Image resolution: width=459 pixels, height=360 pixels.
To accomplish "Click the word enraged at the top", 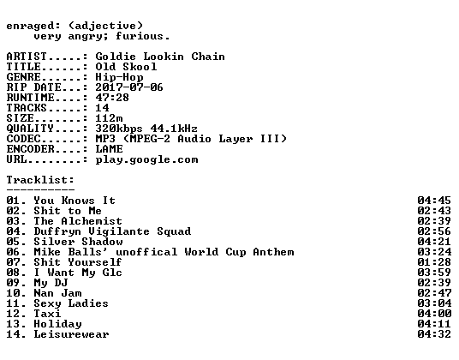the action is (30, 27).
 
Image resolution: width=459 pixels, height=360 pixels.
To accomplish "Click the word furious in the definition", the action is (140, 36).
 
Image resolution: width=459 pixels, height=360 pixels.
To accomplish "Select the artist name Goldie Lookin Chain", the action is (160, 57).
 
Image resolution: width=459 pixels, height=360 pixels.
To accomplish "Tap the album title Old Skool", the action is (126, 67).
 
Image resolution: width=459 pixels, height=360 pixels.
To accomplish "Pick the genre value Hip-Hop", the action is (119, 78).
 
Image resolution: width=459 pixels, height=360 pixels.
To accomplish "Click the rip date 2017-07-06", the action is (129, 87).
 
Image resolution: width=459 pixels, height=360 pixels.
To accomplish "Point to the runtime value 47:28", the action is (112, 98).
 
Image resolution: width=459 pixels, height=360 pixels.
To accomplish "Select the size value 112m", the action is (109, 118).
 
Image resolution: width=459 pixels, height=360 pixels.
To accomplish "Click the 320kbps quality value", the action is (119, 129).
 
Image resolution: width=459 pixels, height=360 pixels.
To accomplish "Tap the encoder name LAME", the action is (109, 149).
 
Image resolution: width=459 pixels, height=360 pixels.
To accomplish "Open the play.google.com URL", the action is (146, 160).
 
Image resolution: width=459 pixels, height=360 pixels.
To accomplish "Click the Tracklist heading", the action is (40, 180).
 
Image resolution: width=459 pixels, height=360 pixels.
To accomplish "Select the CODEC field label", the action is (23, 139).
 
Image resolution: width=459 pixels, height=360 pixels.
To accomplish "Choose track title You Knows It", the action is (75, 201).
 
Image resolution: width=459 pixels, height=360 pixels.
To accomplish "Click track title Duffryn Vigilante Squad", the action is (112, 231).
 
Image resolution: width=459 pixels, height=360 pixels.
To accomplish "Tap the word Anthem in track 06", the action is (273, 252).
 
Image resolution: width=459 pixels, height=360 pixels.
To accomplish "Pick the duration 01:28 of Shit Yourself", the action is (434, 262).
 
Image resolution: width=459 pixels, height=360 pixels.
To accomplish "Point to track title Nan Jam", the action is (57, 293).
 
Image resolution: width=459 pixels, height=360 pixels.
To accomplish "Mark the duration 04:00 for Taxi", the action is (434, 314).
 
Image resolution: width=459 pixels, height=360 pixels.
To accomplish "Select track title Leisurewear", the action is (71, 334).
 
